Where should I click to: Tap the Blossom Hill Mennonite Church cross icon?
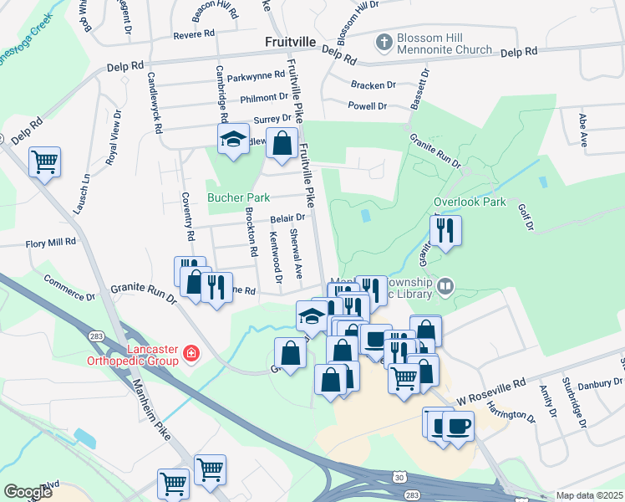(x=384, y=41)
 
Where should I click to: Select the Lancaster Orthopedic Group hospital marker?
(x=192, y=354)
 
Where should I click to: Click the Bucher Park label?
(x=238, y=198)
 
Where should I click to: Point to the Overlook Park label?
(x=470, y=202)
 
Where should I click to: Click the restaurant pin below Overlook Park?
(x=445, y=230)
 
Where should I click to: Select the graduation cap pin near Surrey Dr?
(x=233, y=139)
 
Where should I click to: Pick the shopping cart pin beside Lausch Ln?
(x=45, y=161)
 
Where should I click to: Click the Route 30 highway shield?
(x=399, y=476)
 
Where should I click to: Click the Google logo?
(x=28, y=491)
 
